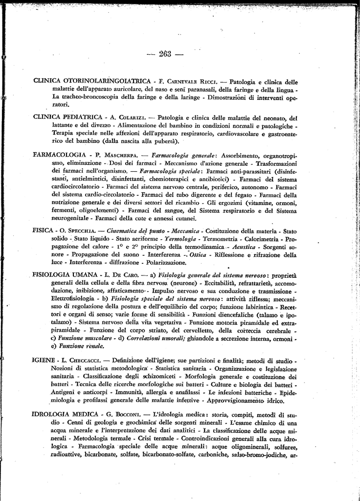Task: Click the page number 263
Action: click(168, 54)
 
